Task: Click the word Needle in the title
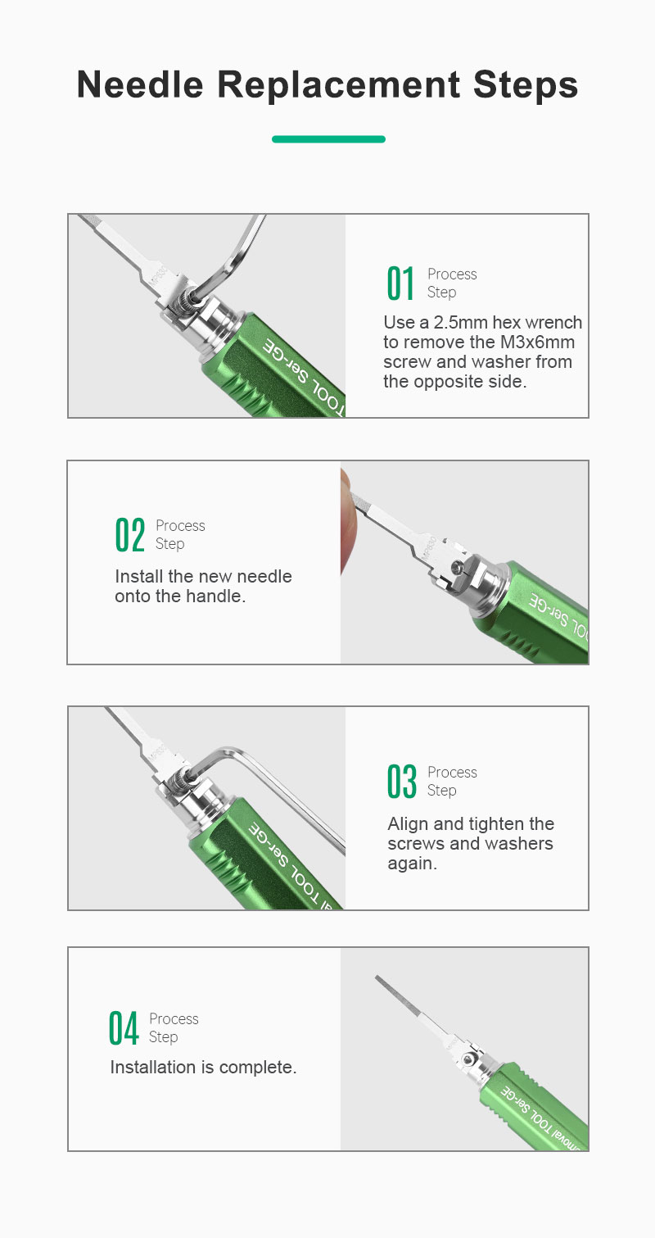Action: click(x=140, y=84)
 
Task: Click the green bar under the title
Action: click(x=328, y=139)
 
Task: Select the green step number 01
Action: click(x=400, y=283)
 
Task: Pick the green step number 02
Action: click(x=130, y=535)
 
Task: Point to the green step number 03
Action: click(x=401, y=782)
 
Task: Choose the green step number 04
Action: click(x=123, y=1028)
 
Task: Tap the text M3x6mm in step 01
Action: click(x=537, y=342)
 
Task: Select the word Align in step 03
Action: click(x=408, y=824)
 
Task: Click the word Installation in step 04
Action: click(x=153, y=1068)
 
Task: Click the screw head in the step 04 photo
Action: click(x=468, y=1059)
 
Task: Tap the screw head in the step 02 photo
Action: click(x=457, y=566)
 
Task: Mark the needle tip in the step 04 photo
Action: click(x=377, y=977)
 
